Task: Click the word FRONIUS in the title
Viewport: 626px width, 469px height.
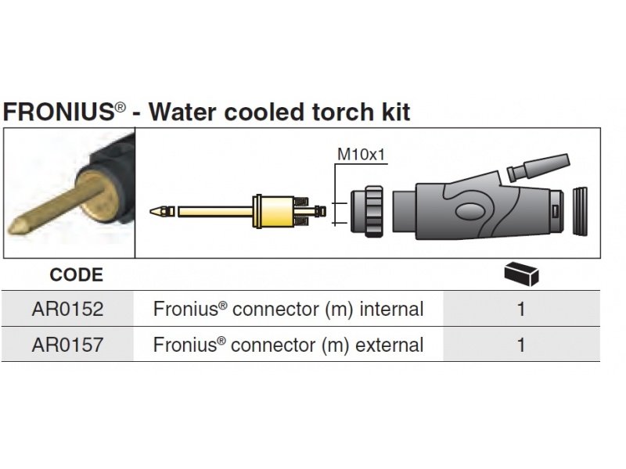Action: (59, 112)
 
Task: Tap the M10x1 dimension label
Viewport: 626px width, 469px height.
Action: (362, 154)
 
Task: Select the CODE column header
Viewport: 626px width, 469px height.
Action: (76, 275)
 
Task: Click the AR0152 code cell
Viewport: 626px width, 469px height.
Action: (67, 310)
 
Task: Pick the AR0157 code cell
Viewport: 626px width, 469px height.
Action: (67, 345)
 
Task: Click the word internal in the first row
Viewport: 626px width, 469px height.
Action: (391, 310)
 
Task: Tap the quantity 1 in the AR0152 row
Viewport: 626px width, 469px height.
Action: (521, 310)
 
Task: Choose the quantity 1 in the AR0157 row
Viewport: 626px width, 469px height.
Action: (521, 345)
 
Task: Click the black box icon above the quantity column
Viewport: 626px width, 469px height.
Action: (522, 273)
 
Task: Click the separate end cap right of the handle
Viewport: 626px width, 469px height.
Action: (581, 211)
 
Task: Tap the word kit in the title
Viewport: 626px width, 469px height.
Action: (394, 112)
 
